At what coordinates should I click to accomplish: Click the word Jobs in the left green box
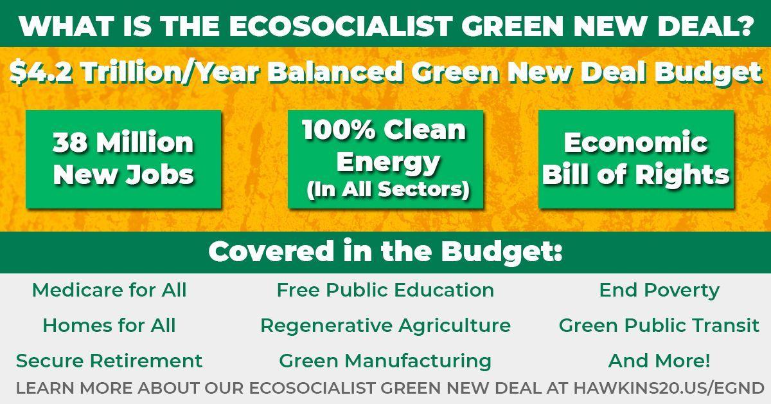click(x=159, y=174)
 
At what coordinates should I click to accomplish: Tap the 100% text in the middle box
click(x=339, y=129)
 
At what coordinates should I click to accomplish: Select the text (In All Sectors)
click(x=388, y=190)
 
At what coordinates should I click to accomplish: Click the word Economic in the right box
click(x=635, y=142)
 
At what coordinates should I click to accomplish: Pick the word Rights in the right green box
click(x=682, y=175)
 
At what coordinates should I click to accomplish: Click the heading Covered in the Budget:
click(x=385, y=251)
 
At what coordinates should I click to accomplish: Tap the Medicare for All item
click(x=109, y=289)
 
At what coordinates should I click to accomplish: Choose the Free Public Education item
click(x=385, y=289)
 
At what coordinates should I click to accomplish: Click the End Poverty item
click(x=659, y=290)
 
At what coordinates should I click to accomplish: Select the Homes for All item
click(x=109, y=325)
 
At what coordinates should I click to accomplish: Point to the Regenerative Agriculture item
click(x=385, y=326)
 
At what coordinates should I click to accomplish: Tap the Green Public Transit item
click(x=659, y=325)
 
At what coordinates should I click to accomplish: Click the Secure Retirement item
click(x=109, y=360)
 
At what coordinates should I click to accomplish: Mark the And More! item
click(x=659, y=360)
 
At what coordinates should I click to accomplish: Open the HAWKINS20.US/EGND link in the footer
click(x=668, y=388)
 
